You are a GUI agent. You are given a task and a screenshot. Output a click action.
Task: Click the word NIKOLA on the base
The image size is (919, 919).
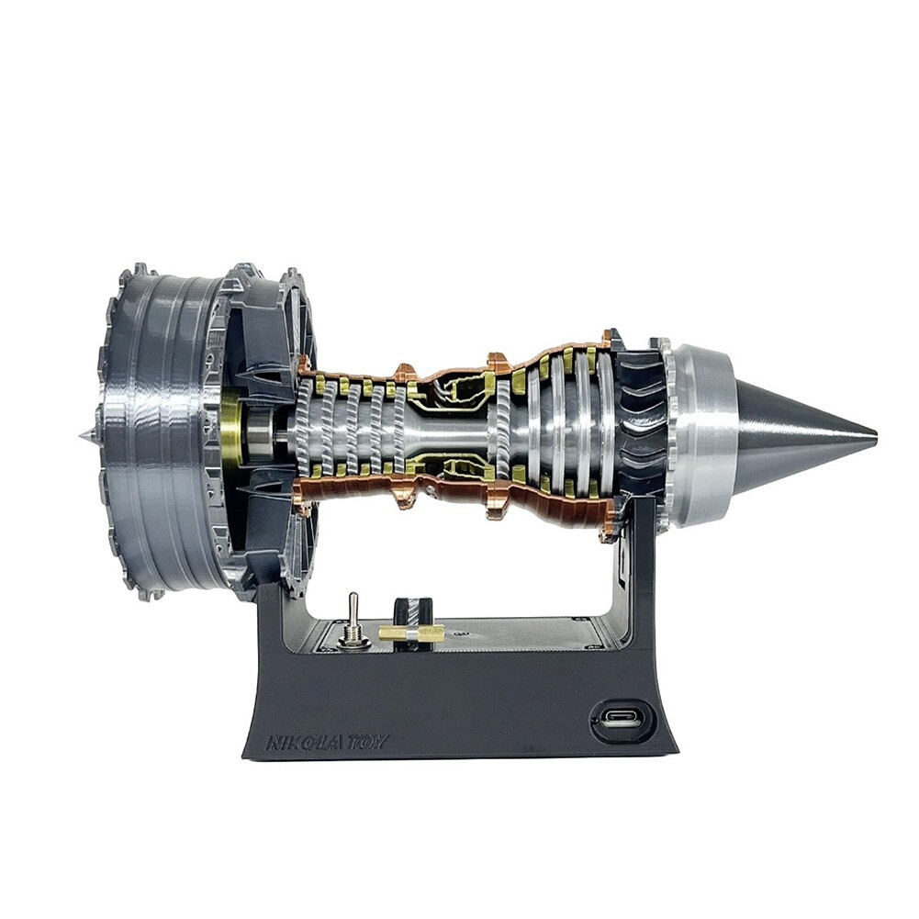[x=295, y=742]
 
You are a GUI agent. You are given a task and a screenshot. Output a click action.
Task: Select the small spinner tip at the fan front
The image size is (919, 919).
[x=84, y=431]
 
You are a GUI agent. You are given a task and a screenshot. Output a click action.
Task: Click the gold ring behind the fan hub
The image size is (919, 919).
[x=231, y=431]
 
